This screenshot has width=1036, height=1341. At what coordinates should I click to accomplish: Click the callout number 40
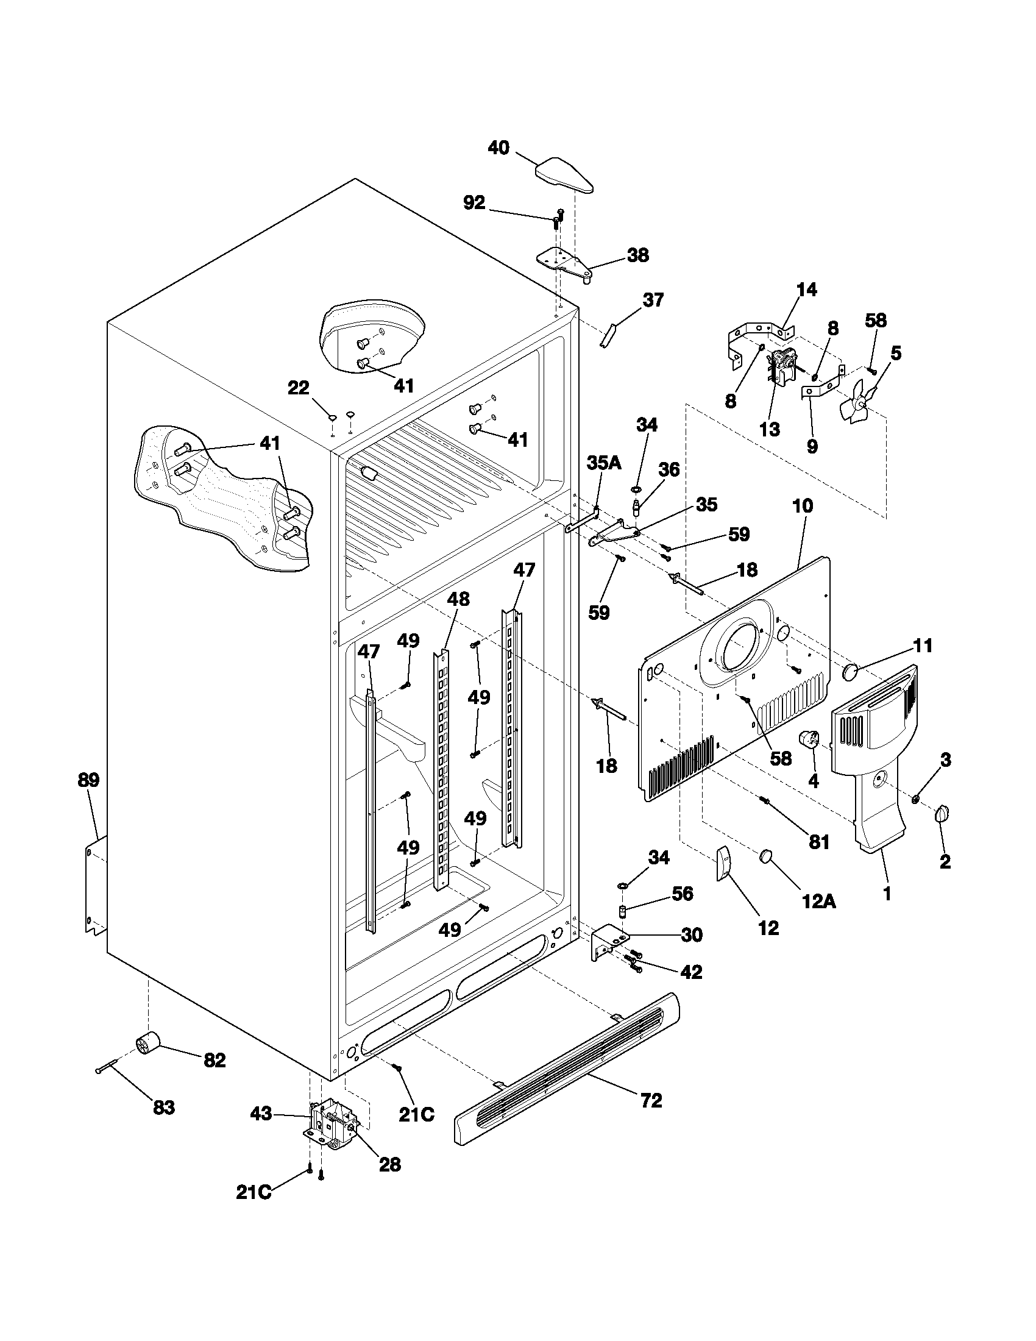coord(498,148)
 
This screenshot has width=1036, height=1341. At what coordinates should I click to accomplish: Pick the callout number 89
coord(88,780)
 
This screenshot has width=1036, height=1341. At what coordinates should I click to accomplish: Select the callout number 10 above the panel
coord(803,506)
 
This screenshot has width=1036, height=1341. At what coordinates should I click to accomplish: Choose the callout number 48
coord(458,599)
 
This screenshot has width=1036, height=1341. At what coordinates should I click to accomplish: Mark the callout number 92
coord(474,202)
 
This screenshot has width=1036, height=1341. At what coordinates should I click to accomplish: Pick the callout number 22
coord(299,388)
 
